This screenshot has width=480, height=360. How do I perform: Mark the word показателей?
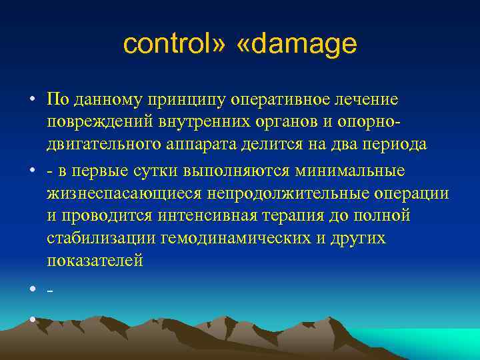coord(95,260)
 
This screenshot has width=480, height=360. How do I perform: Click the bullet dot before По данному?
coord(32,100)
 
